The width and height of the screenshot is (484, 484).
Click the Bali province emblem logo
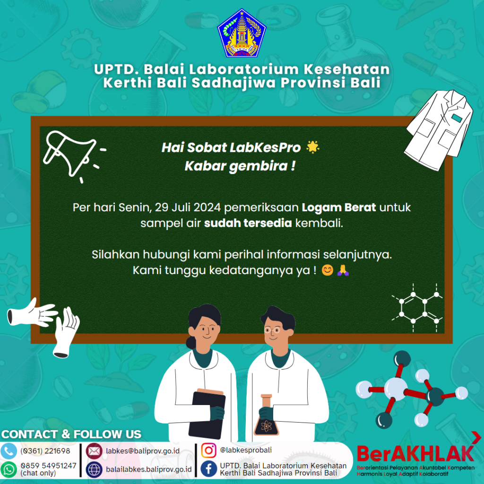coord(242,33)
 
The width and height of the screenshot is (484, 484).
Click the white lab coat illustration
coord(439,130)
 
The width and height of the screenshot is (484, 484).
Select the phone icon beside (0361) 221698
coord(9,451)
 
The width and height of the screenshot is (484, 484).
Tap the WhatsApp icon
coord(9,469)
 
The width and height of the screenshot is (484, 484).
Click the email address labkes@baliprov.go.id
coord(143,451)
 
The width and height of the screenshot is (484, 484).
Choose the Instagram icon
coord(208,450)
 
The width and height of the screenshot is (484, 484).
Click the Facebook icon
coord(208,468)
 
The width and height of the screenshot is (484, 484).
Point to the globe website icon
coord(94,469)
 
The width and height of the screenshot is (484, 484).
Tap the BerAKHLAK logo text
coord(415,454)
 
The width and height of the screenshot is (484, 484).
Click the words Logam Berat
coord(338,207)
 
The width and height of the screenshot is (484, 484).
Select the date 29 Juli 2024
coord(188,207)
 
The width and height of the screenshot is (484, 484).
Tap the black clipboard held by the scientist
coord(207,414)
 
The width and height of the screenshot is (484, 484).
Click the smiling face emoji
coord(327,270)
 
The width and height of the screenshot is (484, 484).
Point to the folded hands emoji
coord(343,270)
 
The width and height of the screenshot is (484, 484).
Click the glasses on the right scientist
coord(272,330)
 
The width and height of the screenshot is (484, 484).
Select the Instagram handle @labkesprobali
coord(246,450)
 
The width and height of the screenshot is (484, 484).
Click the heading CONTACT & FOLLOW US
coord(71,434)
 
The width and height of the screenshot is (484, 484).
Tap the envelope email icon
coord(94,451)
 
